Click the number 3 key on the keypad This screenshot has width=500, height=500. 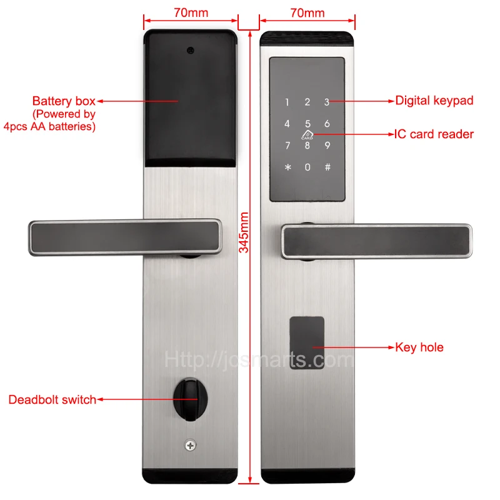tap(326, 102)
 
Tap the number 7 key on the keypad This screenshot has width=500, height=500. tap(287, 146)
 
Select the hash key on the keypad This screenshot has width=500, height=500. tap(326, 167)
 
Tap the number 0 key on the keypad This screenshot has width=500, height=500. tap(307, 167)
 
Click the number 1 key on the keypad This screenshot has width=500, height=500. tap(287, 102)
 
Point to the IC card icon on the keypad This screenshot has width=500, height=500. tap(307, 134)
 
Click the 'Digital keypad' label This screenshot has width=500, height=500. tap(434, 100)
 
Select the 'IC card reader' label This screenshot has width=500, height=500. tap(434, 134)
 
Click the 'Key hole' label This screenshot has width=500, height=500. tap(419, 347)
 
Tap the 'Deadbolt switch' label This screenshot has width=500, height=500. tap(52, 399)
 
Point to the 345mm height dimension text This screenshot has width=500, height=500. tap(245, 232)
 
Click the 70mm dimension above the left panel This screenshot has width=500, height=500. tap(190, 12)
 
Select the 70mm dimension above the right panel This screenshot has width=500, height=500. tap(307, 12)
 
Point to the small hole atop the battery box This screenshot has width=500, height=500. tap(190, 49)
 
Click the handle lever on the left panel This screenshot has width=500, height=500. tap(125, 237)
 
